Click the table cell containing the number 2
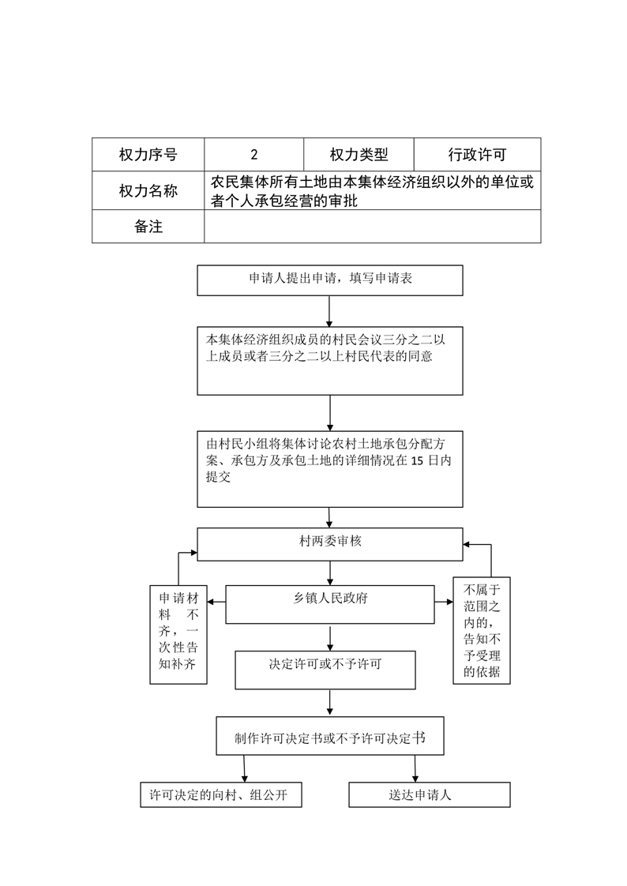point(253,154)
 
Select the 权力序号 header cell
point(148,154)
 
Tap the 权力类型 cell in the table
point(359,154)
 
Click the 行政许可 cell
point(477,154)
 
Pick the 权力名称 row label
point(148,190)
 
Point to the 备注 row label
point(148,227)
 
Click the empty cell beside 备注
point(373,227)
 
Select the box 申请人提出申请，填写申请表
point(330,280)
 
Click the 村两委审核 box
point(330,544)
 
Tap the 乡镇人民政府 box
point(330,604)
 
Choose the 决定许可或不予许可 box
point(325,670)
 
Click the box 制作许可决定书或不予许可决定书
point(330,736)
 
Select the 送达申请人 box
point(430,794)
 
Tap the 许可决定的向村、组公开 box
point(221,794)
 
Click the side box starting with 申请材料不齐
point(178,635)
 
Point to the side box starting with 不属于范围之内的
point(482,631)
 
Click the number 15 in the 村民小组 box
point(417,460)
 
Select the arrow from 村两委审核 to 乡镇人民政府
point(330,573)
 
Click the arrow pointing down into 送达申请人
point(415,768)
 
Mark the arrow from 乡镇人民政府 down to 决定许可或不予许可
point(330,637)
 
